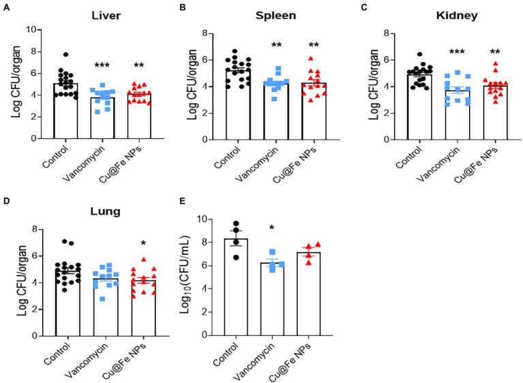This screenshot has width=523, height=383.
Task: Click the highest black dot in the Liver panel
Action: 65,55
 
